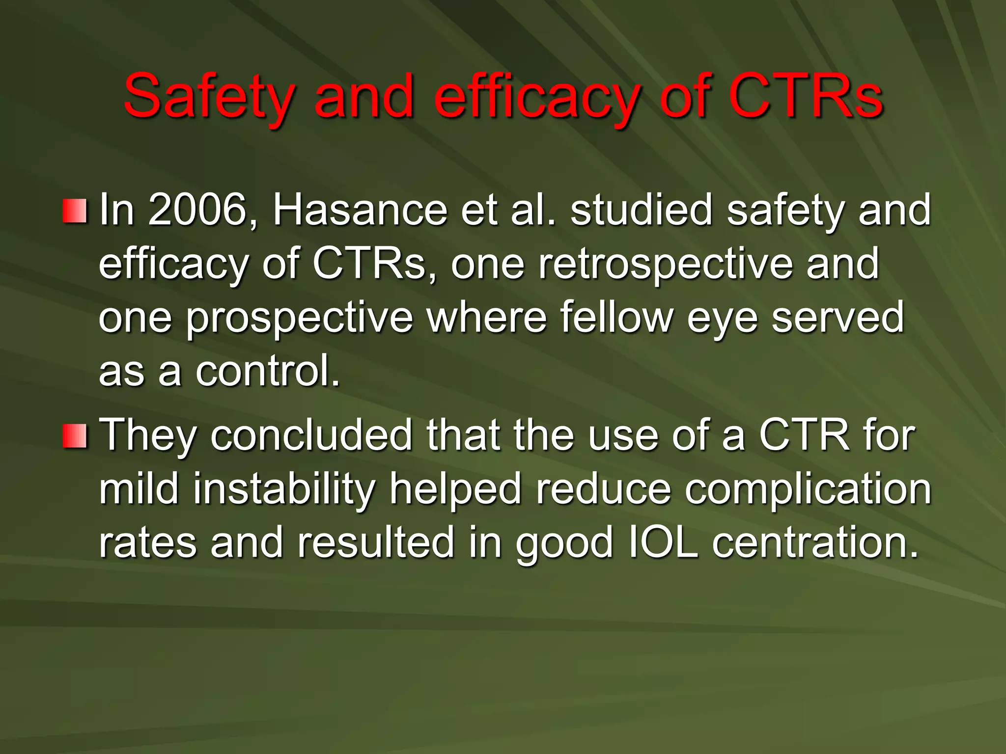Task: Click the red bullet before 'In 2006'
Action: point(75,211)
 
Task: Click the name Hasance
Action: point(360,210)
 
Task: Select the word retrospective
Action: point(665,264)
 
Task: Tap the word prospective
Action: point(300,318)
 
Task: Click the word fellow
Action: point(616,318)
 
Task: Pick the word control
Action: point(268,371)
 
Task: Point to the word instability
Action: point(284,489)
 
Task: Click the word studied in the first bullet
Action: point(641,210)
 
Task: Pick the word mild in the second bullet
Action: point(139,489)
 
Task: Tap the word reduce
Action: point(603,489)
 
